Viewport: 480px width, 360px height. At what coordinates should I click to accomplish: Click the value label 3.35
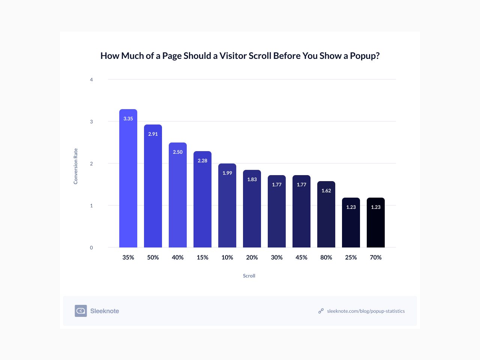128,118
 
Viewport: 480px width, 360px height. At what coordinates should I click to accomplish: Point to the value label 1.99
227,173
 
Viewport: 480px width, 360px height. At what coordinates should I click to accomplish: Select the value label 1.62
326,190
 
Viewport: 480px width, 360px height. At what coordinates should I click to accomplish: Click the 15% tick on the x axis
202,257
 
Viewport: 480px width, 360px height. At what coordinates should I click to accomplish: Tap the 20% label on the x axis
252,257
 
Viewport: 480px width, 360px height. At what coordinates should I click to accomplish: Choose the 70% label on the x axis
376,257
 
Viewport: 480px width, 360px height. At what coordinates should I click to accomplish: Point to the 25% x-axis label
351,257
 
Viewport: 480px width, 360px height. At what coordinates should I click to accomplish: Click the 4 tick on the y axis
91,79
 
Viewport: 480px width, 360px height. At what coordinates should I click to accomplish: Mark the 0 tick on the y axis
91,247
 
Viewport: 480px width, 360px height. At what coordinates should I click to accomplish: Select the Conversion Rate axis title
76,166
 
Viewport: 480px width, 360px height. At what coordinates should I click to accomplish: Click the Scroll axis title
249,276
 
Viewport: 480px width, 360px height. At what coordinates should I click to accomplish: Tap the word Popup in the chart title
363,56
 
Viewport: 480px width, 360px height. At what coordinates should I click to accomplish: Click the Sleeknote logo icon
81,311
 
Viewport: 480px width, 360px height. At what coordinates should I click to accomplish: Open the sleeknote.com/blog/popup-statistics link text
366,311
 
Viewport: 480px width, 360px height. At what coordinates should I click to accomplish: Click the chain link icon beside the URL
321,311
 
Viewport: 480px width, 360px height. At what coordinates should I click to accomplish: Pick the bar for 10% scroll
227,210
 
